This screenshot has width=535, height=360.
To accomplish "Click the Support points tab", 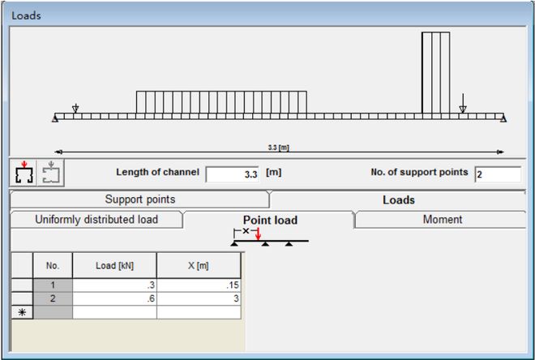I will click(139, 199).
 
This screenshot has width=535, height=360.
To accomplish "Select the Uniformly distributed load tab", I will click(96, 220).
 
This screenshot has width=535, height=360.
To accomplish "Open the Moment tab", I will click(442, 220).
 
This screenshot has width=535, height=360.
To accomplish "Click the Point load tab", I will click(269, 221).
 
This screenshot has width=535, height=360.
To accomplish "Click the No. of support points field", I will click(497, 174).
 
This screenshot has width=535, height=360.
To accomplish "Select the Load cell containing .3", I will click(114, 285).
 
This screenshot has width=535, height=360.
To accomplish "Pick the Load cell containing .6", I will click(114, 298).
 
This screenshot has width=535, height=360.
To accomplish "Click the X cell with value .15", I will click(199, 285).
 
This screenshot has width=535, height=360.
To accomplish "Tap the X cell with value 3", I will click(199, 298).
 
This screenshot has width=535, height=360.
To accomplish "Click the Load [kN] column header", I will click(114, 265).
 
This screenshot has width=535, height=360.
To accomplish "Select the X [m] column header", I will click(199, 265).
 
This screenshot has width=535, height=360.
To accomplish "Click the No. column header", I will click(53, 265).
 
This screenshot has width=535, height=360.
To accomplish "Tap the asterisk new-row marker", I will click(21, 311).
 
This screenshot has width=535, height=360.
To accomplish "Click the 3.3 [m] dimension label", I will click(279, 147).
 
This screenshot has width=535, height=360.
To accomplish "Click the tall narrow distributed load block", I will click(435, 73).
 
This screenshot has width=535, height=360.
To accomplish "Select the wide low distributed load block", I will click(220, 102).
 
